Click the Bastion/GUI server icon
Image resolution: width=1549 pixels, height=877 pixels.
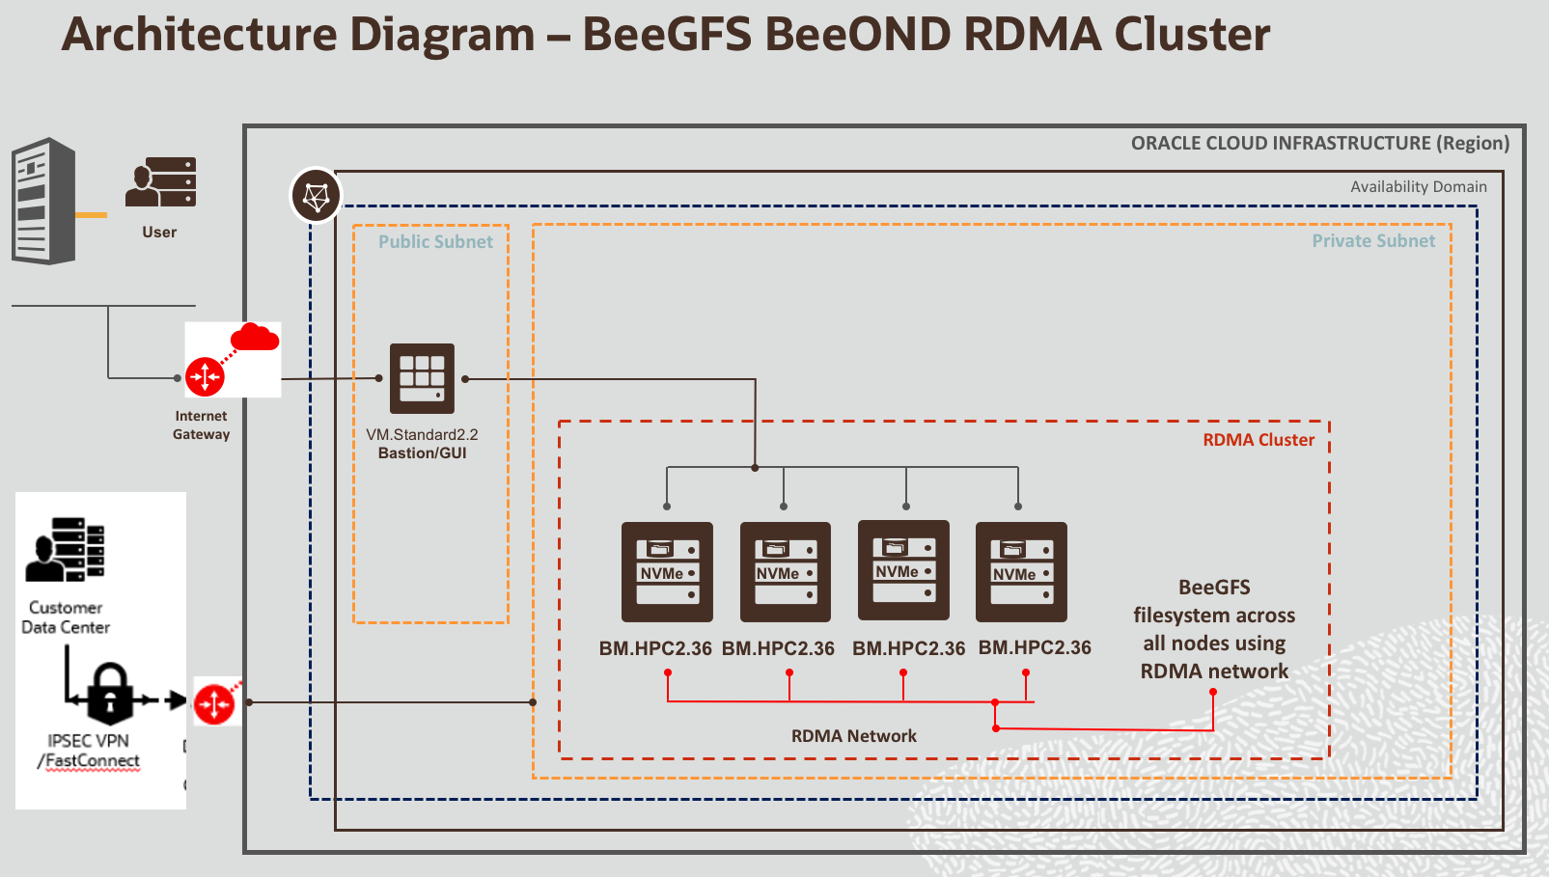pyautogui.click(x=422, y=378)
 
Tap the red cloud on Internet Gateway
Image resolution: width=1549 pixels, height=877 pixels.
pyautogui.click(x=255, y=338)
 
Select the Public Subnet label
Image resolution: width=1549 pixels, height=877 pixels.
pyautogui.click(x=435, y=242)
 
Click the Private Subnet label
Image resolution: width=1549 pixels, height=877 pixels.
pyautogui.click(x=1372, y=241)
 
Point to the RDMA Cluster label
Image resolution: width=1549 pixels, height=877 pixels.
pyautogui.click(x=1258, y=440)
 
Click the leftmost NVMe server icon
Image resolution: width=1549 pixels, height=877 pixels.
pyautogui.click(x=667, y=572)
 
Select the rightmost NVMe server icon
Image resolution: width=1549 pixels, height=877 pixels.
pyautogui.click(x=1021, y=572)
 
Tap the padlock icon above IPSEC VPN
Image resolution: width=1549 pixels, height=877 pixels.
pyautogui.click(x=110, y=693)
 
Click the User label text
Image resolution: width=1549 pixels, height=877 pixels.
pyautogui.click(x=159, y=233)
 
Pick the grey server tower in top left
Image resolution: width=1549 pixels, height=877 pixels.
pyautogui.click(x=43, y=201)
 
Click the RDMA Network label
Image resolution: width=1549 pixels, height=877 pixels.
pyautogui.click(x=853, y=736)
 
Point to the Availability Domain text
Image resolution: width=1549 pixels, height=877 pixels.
pyautogui.click(x=1418, y=187)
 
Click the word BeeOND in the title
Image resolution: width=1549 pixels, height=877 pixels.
pyautogui.click(x=857, y=35)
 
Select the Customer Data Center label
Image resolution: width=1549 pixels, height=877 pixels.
pyautogui.click(x=66, y=617)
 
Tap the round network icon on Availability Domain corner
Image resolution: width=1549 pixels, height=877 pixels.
pyautogui.click(x=316, y=196)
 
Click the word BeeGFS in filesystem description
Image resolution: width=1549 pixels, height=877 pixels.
pyautogui.click(x=1214, y=588)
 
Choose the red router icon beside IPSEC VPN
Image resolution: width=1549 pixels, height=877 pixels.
pyautogui.click(x=214, y=703)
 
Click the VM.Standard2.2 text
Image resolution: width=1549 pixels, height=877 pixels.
pyautogui.click(x=422, y=435)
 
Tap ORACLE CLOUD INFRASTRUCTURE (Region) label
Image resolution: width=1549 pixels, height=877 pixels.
pyautogui.click(x=1319, y=144)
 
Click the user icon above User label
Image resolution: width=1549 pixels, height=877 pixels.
pyautogui.click(x=161, y=182)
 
